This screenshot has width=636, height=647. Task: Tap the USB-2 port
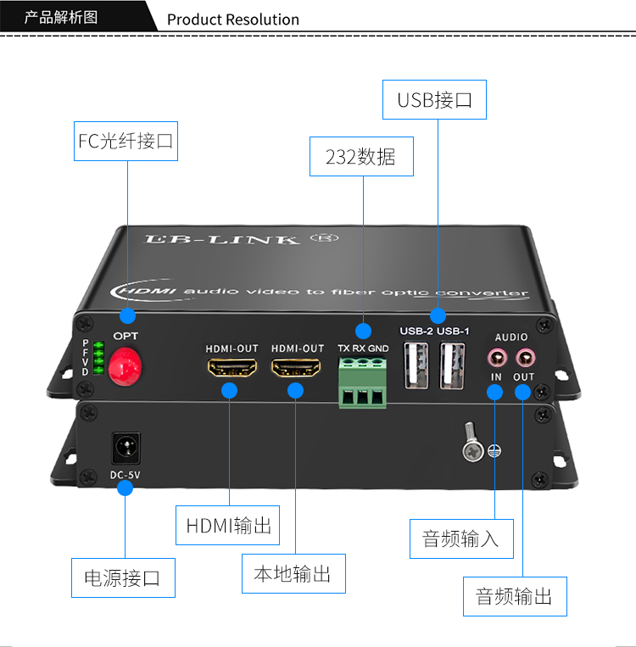click(x=416, y=365)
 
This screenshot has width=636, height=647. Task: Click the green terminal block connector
click(x=363, y=382)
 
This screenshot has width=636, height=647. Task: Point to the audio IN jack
click(x=496, y=356)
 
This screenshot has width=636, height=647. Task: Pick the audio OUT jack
click(x=525, y=356)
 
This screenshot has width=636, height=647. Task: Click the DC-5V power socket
click(x=126, y=448)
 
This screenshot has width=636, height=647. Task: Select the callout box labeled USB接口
click(x=435, y=100)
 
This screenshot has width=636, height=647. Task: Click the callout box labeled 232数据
click(x=361, y=157)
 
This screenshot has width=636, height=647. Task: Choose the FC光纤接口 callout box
click(x=126, y=141)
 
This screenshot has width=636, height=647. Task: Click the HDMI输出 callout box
click(x=228, y=526)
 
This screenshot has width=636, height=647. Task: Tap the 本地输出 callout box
click(x=293, y=574)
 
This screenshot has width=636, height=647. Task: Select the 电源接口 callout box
click(x=123, y=578)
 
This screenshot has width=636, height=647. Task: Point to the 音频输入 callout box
click(x=461, y=538)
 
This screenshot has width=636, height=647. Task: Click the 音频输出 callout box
click(x=515, y=596)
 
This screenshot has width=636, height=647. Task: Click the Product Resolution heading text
click(x=233, y=20)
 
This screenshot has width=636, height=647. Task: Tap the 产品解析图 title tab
click(x=62, y=17)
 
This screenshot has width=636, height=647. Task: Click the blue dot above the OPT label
click(x=127, y=316)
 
